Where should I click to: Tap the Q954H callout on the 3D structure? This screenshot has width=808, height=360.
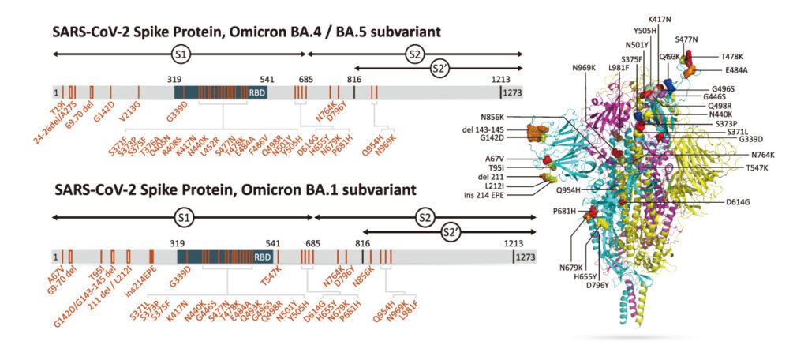(574, 190)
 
